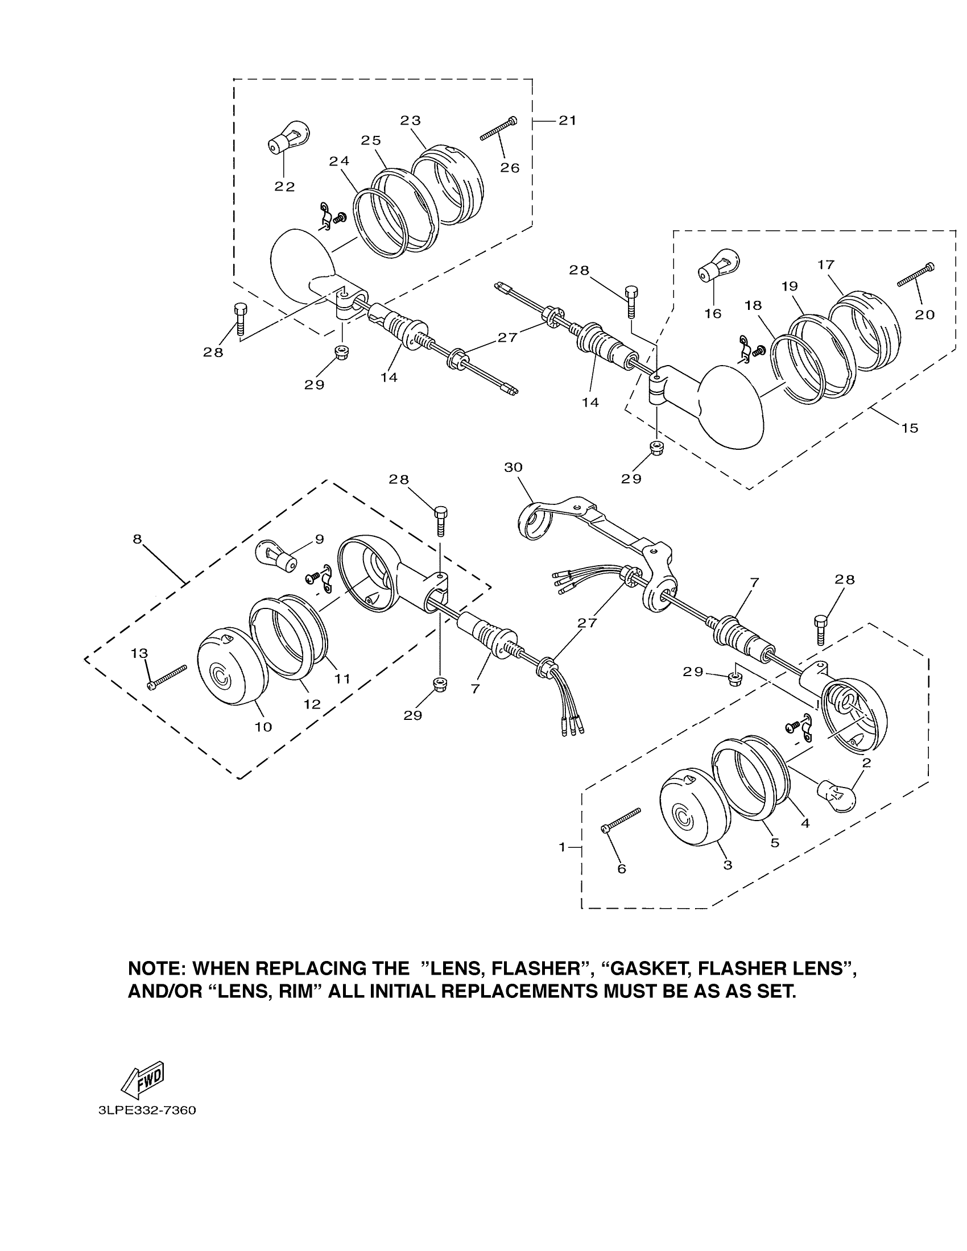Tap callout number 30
click(513, 467)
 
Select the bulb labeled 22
click(289, 138)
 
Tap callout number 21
click(567, 121)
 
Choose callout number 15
click(910, 428)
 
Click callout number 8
click(137, 539)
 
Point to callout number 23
click(410, 121)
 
